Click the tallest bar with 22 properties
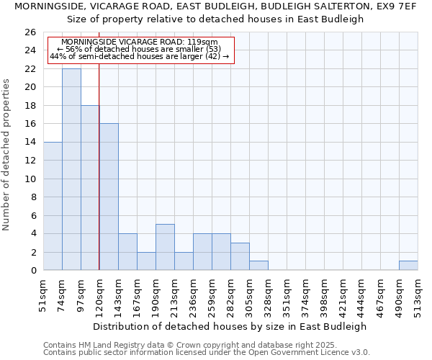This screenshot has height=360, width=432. coord(71,169)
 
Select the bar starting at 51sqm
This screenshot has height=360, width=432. coord(53,206)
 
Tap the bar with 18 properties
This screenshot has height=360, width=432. coord(90,188)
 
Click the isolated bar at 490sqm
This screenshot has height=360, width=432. coord(408,265)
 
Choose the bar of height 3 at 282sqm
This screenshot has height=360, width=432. coord(240,256)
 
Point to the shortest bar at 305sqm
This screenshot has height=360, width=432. coord(258,265)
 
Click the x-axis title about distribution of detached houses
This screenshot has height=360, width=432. coord(230,326)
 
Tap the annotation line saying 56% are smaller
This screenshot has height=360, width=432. coord(139,49)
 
